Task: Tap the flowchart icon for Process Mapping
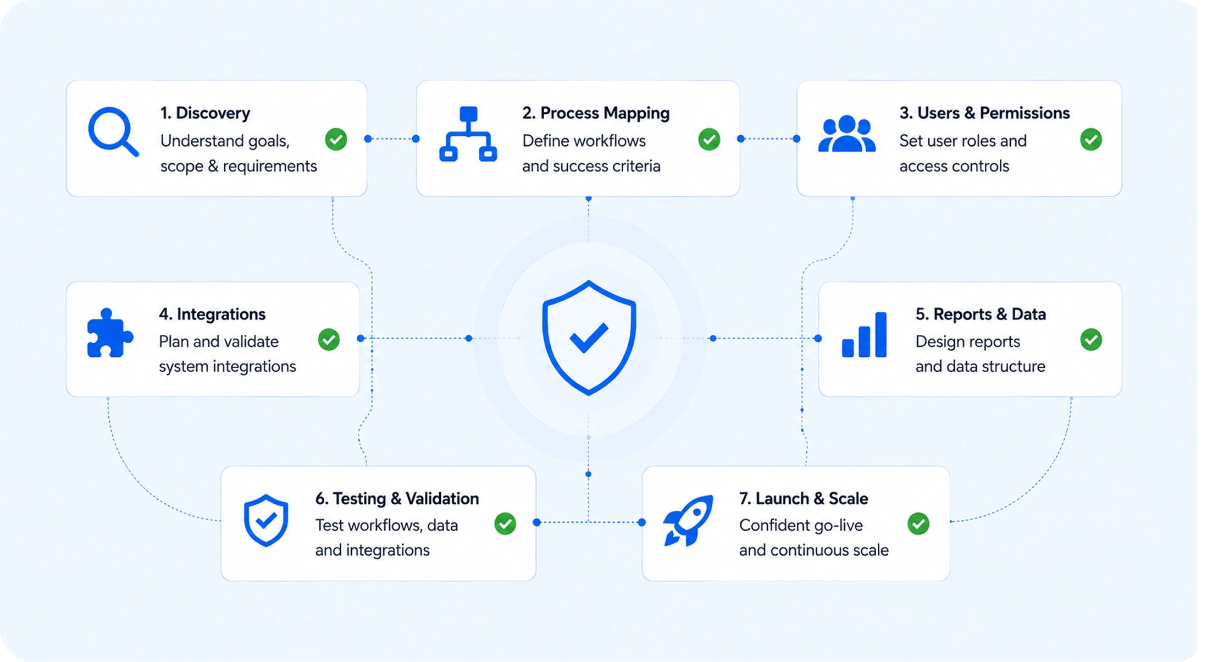(x=468, y=134)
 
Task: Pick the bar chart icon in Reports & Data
(x=864, y=335)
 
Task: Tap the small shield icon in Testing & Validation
(x=266, y=520)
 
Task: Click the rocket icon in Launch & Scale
(x=688, y=520)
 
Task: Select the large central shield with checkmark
(x=589, y=338)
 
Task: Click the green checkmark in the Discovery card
(x=336, y=139)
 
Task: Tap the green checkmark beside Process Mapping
(x=709, y=139)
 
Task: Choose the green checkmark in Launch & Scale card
(x=918, y=523)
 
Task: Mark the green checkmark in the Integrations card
(x=329, y=339)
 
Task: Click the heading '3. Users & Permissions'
(x=984, y=113)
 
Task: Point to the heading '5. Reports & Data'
(x=981, y=314)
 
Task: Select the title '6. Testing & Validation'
(x=397, y=498)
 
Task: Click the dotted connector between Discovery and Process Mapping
(x=392, y=139)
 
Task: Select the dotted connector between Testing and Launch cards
(x=589, y=522)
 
